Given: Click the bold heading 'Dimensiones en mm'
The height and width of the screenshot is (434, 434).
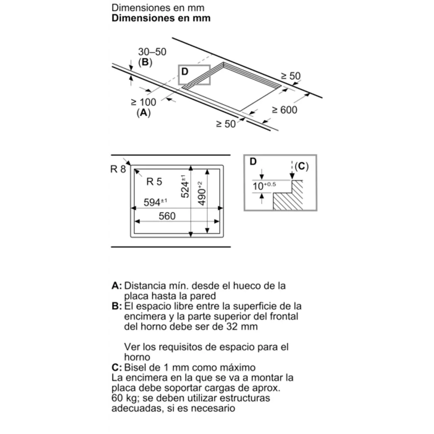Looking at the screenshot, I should coord(161,18).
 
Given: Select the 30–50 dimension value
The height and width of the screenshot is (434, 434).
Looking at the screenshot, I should coord(152,52).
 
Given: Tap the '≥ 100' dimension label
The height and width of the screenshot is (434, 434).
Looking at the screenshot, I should coord(144,102).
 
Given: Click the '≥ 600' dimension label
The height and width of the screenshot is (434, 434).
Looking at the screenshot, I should coord(284,110).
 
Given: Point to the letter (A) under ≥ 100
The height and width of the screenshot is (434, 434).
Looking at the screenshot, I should coord(144,112).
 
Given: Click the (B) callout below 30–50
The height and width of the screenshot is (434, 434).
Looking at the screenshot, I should coord(145,62).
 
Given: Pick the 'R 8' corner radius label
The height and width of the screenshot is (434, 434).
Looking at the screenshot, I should coord(118,169).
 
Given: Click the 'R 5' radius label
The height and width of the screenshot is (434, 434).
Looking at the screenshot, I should coord(154,182).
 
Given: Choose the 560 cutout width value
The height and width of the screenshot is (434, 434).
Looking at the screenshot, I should coord(167,216).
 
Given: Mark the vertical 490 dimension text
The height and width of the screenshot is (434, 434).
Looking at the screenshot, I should coord(202,193).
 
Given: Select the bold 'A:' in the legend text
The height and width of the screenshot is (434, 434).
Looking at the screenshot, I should coord(117,286).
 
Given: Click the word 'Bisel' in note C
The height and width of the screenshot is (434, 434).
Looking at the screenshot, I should coord(136,367).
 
